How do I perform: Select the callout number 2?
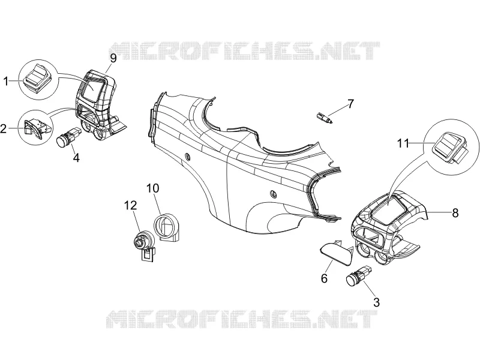(4, 128)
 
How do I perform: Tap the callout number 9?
(113, 58)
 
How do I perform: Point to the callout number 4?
(76, 158)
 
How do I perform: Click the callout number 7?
(350, 104)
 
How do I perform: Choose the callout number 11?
(403, 143)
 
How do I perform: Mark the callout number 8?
(455, 213)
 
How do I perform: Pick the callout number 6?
(324, 278)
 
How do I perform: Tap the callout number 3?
(377, 302)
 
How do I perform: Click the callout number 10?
(152, 188)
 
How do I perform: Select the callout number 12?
(130, 205)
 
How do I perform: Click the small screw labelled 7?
(325, 118)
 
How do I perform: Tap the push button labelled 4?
(69, 137)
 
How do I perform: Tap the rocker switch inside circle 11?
(449, 147)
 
